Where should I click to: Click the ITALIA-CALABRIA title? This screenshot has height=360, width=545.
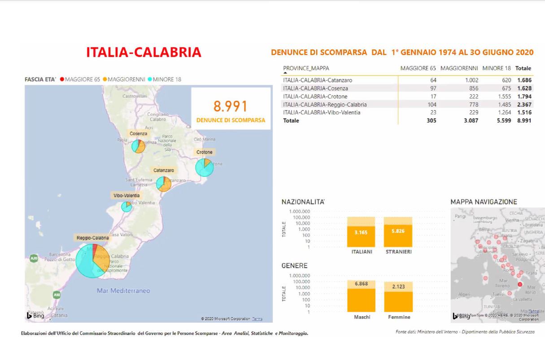coord(144,52)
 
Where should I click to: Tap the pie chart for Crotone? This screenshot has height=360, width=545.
coord(205,168)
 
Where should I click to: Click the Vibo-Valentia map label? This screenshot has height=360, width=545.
coord(126,195)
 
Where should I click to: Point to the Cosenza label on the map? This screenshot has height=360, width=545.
coord(139,134)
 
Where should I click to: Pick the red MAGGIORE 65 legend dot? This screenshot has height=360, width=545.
coord(62,79)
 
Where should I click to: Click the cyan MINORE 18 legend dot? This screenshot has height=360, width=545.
coord(150,79)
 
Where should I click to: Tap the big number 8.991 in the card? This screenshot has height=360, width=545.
coord(231,106)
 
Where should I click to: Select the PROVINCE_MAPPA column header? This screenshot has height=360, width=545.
coord(306,68)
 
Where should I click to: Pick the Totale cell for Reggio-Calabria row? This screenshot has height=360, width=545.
coord(524,104)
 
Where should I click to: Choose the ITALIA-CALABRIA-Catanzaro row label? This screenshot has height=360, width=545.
coord(318,80)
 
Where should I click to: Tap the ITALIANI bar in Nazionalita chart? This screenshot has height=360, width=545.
coord(361,231)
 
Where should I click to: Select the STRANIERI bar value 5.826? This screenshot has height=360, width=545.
coord(398,231)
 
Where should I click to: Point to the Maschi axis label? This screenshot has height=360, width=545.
coord(362,317)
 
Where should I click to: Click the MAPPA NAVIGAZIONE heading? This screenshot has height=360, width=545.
coord(484,202)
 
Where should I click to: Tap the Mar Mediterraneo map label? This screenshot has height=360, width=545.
coord(123,291)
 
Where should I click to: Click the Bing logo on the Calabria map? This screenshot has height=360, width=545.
coord(35,316)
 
